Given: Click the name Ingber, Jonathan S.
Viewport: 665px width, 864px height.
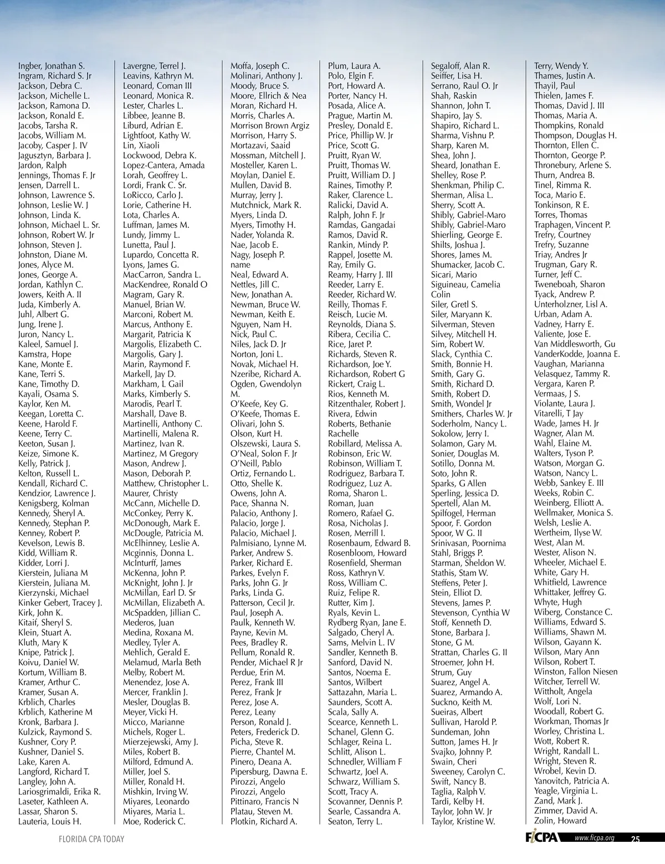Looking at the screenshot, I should point(51,66).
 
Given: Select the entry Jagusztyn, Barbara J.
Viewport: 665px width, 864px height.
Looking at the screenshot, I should point(54,156).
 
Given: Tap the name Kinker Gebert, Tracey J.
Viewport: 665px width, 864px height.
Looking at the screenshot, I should point(60,603).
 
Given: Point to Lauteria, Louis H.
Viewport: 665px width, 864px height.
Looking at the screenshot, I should point(49,821).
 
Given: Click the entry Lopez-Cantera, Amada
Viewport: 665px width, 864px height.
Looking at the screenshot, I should point(163,166).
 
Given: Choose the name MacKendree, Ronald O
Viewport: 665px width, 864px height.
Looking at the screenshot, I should point(165,285).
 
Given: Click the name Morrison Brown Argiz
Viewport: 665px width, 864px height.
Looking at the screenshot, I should point(270,126).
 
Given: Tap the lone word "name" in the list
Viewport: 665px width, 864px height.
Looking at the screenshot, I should point(241,265).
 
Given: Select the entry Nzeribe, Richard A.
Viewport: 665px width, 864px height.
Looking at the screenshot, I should point(265,374).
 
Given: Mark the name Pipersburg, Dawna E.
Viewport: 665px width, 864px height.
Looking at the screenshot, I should point(269,772).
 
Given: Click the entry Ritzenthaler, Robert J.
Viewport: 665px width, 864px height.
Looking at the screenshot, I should point(366,404).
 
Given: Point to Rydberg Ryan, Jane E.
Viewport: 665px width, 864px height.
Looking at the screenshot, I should point(366,623).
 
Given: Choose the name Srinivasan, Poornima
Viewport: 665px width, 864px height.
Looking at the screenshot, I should point(468,543).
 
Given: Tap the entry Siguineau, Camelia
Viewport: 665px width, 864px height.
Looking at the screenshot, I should point(465,285).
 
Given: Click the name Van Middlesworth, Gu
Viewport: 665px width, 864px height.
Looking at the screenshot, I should point(575,344).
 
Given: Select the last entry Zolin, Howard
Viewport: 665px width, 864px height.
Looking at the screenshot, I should point(560,821).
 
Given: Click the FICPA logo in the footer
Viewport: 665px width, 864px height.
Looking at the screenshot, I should point(541,838).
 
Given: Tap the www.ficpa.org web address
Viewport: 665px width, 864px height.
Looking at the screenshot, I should point(594,838).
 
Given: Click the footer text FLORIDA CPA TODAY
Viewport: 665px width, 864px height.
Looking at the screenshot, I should point(91,839).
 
